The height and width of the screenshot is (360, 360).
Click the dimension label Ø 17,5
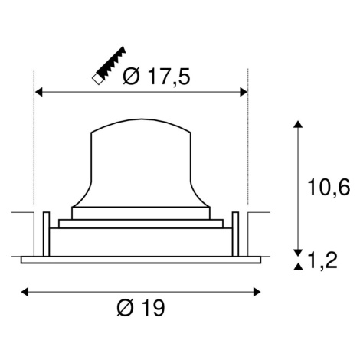(x=156, y=76)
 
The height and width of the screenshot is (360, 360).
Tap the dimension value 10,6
(x=329, y=188)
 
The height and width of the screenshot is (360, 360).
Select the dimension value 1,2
(x=322, y=260)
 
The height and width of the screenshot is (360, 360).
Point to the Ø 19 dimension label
(x=141, y=307)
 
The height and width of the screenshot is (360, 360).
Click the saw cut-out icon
(x=109, y=65)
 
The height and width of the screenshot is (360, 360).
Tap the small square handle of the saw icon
(x=97, y=79)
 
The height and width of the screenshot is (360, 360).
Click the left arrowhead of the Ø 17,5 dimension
(x=38, y=92)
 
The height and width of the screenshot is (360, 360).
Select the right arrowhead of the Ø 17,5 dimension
(x=244, y=92)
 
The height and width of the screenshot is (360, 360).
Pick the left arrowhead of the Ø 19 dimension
(x=25, y=292)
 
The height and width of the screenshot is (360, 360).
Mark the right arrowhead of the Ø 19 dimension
(x=257, y=292)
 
